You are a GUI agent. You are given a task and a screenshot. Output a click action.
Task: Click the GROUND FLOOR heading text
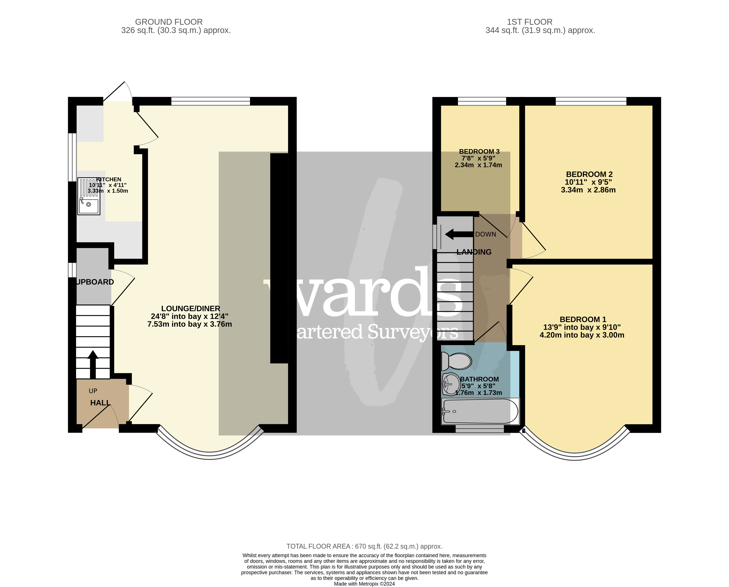coord(169,22)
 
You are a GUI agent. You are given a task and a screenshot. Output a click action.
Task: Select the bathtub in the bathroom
coord(480,411)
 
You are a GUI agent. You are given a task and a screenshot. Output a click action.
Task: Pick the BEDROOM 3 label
coord(479,152)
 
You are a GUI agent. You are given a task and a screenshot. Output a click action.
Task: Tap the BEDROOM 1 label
coord(583,319)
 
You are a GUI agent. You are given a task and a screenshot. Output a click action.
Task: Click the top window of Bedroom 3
coord(482,101)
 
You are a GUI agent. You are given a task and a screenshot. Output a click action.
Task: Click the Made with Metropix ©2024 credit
coord(364,584)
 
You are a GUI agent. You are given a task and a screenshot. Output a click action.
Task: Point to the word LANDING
coord(474,252)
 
